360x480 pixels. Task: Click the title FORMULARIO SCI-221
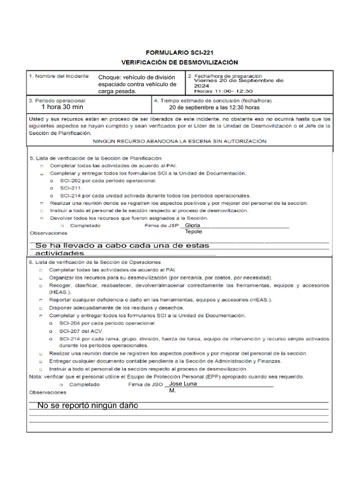tap(180, 53)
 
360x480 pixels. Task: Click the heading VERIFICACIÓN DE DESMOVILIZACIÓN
tap(180, 62)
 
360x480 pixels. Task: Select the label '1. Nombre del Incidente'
tap(59, 76)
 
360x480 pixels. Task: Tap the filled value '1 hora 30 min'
tap(62, 107)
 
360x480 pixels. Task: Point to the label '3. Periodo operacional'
tap(57, 100)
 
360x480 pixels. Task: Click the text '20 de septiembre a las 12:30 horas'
tap(214, 107)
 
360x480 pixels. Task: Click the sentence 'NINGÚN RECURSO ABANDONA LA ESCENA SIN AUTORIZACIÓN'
tap(180, 141)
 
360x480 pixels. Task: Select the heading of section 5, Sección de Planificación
tap(96, 158)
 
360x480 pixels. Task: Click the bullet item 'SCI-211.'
tap(71, 188)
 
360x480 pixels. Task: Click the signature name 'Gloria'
tap(193, 225)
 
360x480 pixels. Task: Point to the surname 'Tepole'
tap(194, 232)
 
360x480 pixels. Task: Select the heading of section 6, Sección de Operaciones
tap(95, 262)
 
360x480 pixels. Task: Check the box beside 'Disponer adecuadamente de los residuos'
tap(41, 308)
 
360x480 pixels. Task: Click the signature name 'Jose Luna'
tap(183, 384)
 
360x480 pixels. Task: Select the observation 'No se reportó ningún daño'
tap(88, 405)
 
